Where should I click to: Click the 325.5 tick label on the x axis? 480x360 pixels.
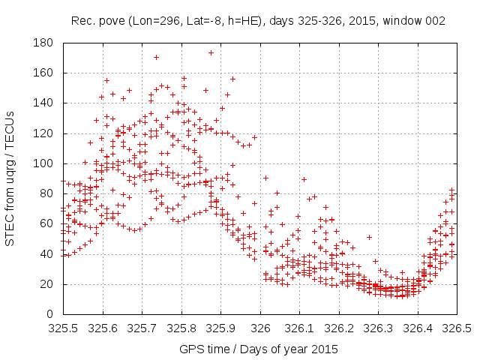point(64,328)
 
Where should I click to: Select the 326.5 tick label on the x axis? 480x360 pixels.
point(455,328)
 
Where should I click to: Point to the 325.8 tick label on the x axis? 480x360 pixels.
point(181,328)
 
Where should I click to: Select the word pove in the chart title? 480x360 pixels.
point(108,21)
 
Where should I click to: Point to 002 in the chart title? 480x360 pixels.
point(434,21)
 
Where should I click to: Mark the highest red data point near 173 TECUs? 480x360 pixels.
point(211,52)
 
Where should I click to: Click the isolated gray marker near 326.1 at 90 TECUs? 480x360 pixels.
point(304,179)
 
